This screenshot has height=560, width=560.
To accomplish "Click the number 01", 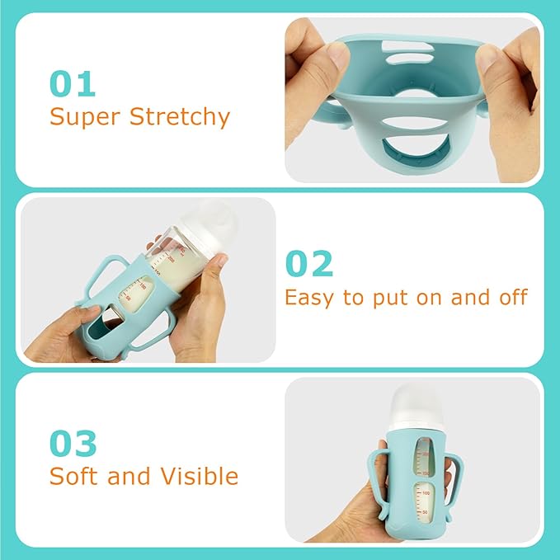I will [73, 83].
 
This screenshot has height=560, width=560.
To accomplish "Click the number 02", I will [309, 263].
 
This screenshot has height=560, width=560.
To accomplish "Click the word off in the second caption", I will [509, 297].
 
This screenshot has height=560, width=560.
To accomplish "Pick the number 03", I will [73, 443].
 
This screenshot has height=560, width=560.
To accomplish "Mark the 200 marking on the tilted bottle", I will [172, 257].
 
